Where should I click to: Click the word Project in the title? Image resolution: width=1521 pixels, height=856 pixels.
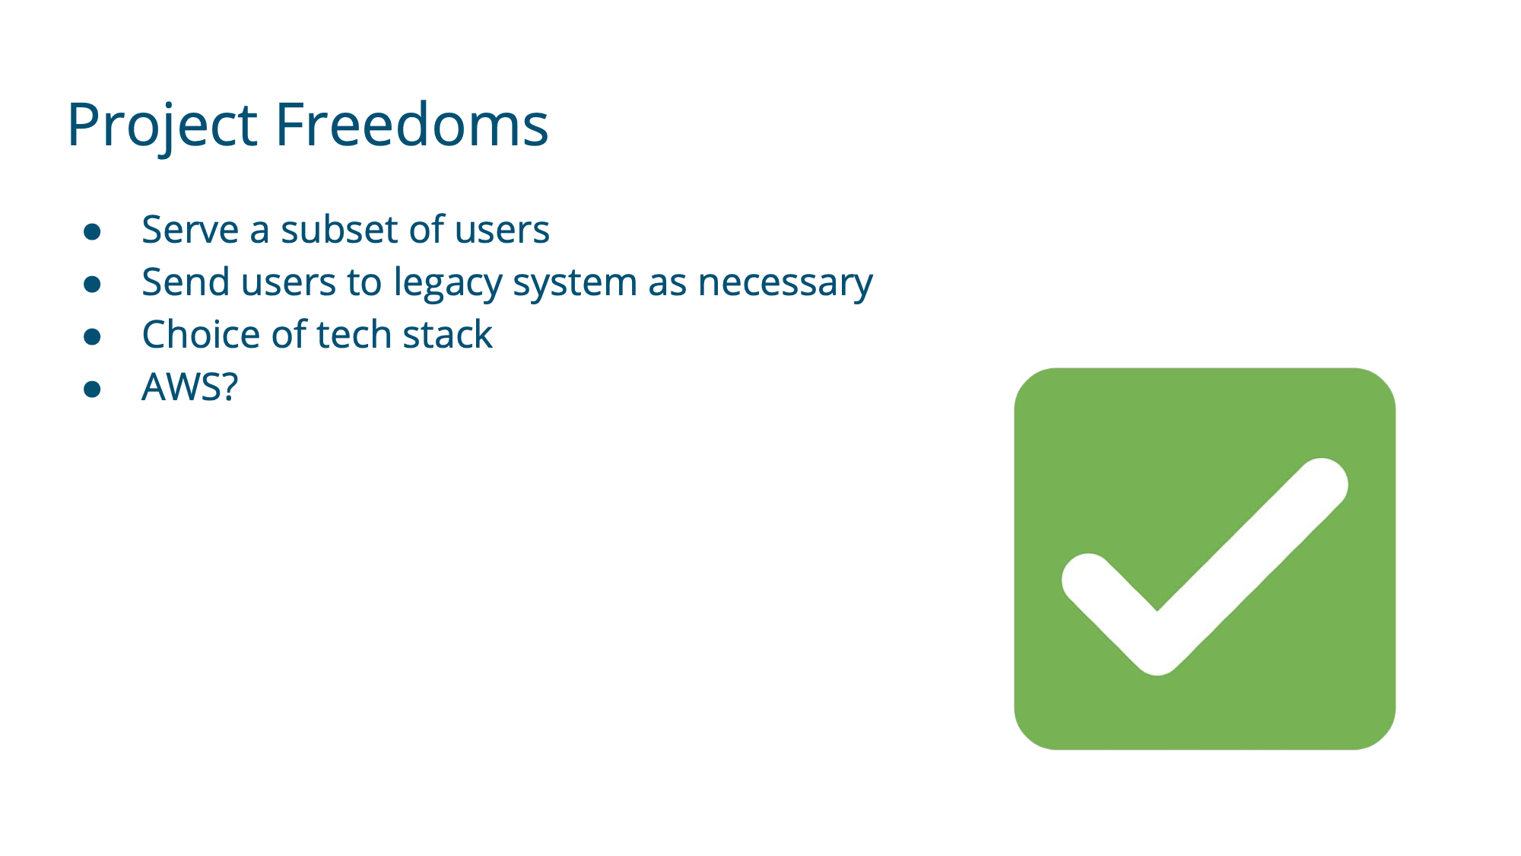point(163,126)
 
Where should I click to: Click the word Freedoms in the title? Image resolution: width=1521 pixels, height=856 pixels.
point(411,123)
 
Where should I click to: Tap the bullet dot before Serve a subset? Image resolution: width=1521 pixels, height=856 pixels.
point(93,231)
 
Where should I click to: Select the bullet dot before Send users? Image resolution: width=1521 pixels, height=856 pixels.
point(93,284)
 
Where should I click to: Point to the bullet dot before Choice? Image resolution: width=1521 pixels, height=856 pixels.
point(93,336)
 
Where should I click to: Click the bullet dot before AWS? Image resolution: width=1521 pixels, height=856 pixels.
point(93,389)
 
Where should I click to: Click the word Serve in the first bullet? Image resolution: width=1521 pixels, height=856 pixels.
point(190,229)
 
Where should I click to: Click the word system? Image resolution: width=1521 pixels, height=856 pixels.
point(575,284)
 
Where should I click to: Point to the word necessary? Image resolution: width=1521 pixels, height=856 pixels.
point(786,284)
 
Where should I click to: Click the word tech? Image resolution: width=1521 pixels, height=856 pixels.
point(354,334)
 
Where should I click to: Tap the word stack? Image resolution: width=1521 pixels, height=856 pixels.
point(448,334)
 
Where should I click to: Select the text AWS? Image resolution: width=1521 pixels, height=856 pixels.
point(190,387)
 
